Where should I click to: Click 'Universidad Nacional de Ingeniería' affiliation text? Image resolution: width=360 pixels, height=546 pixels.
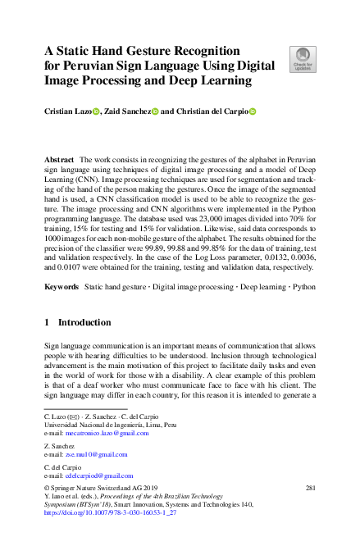pos(91,425)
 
